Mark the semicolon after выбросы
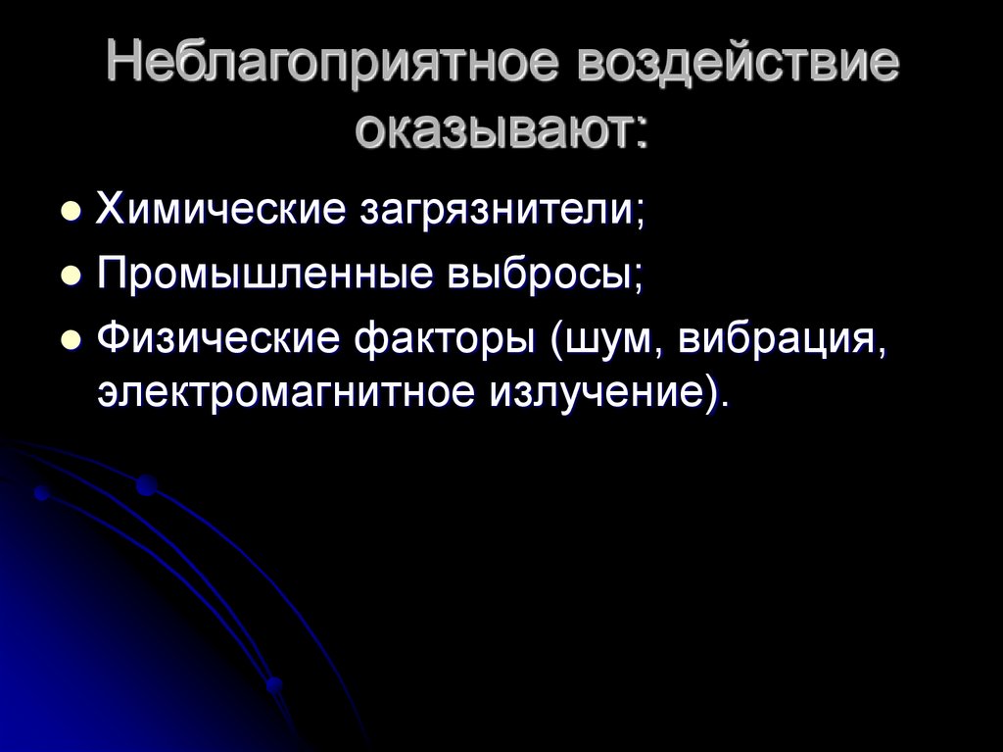(638, 279)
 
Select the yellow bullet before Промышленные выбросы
(70, 277)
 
